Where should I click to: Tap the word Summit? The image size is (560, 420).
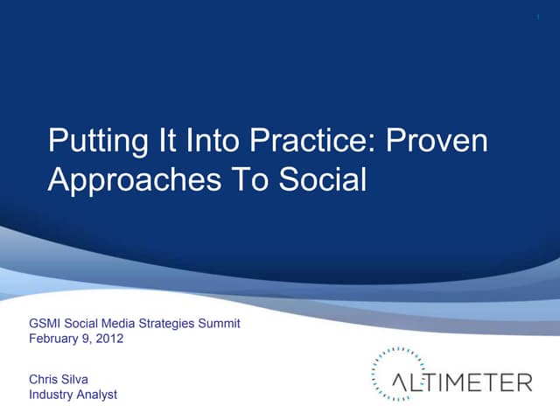(x=217, y=324)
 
